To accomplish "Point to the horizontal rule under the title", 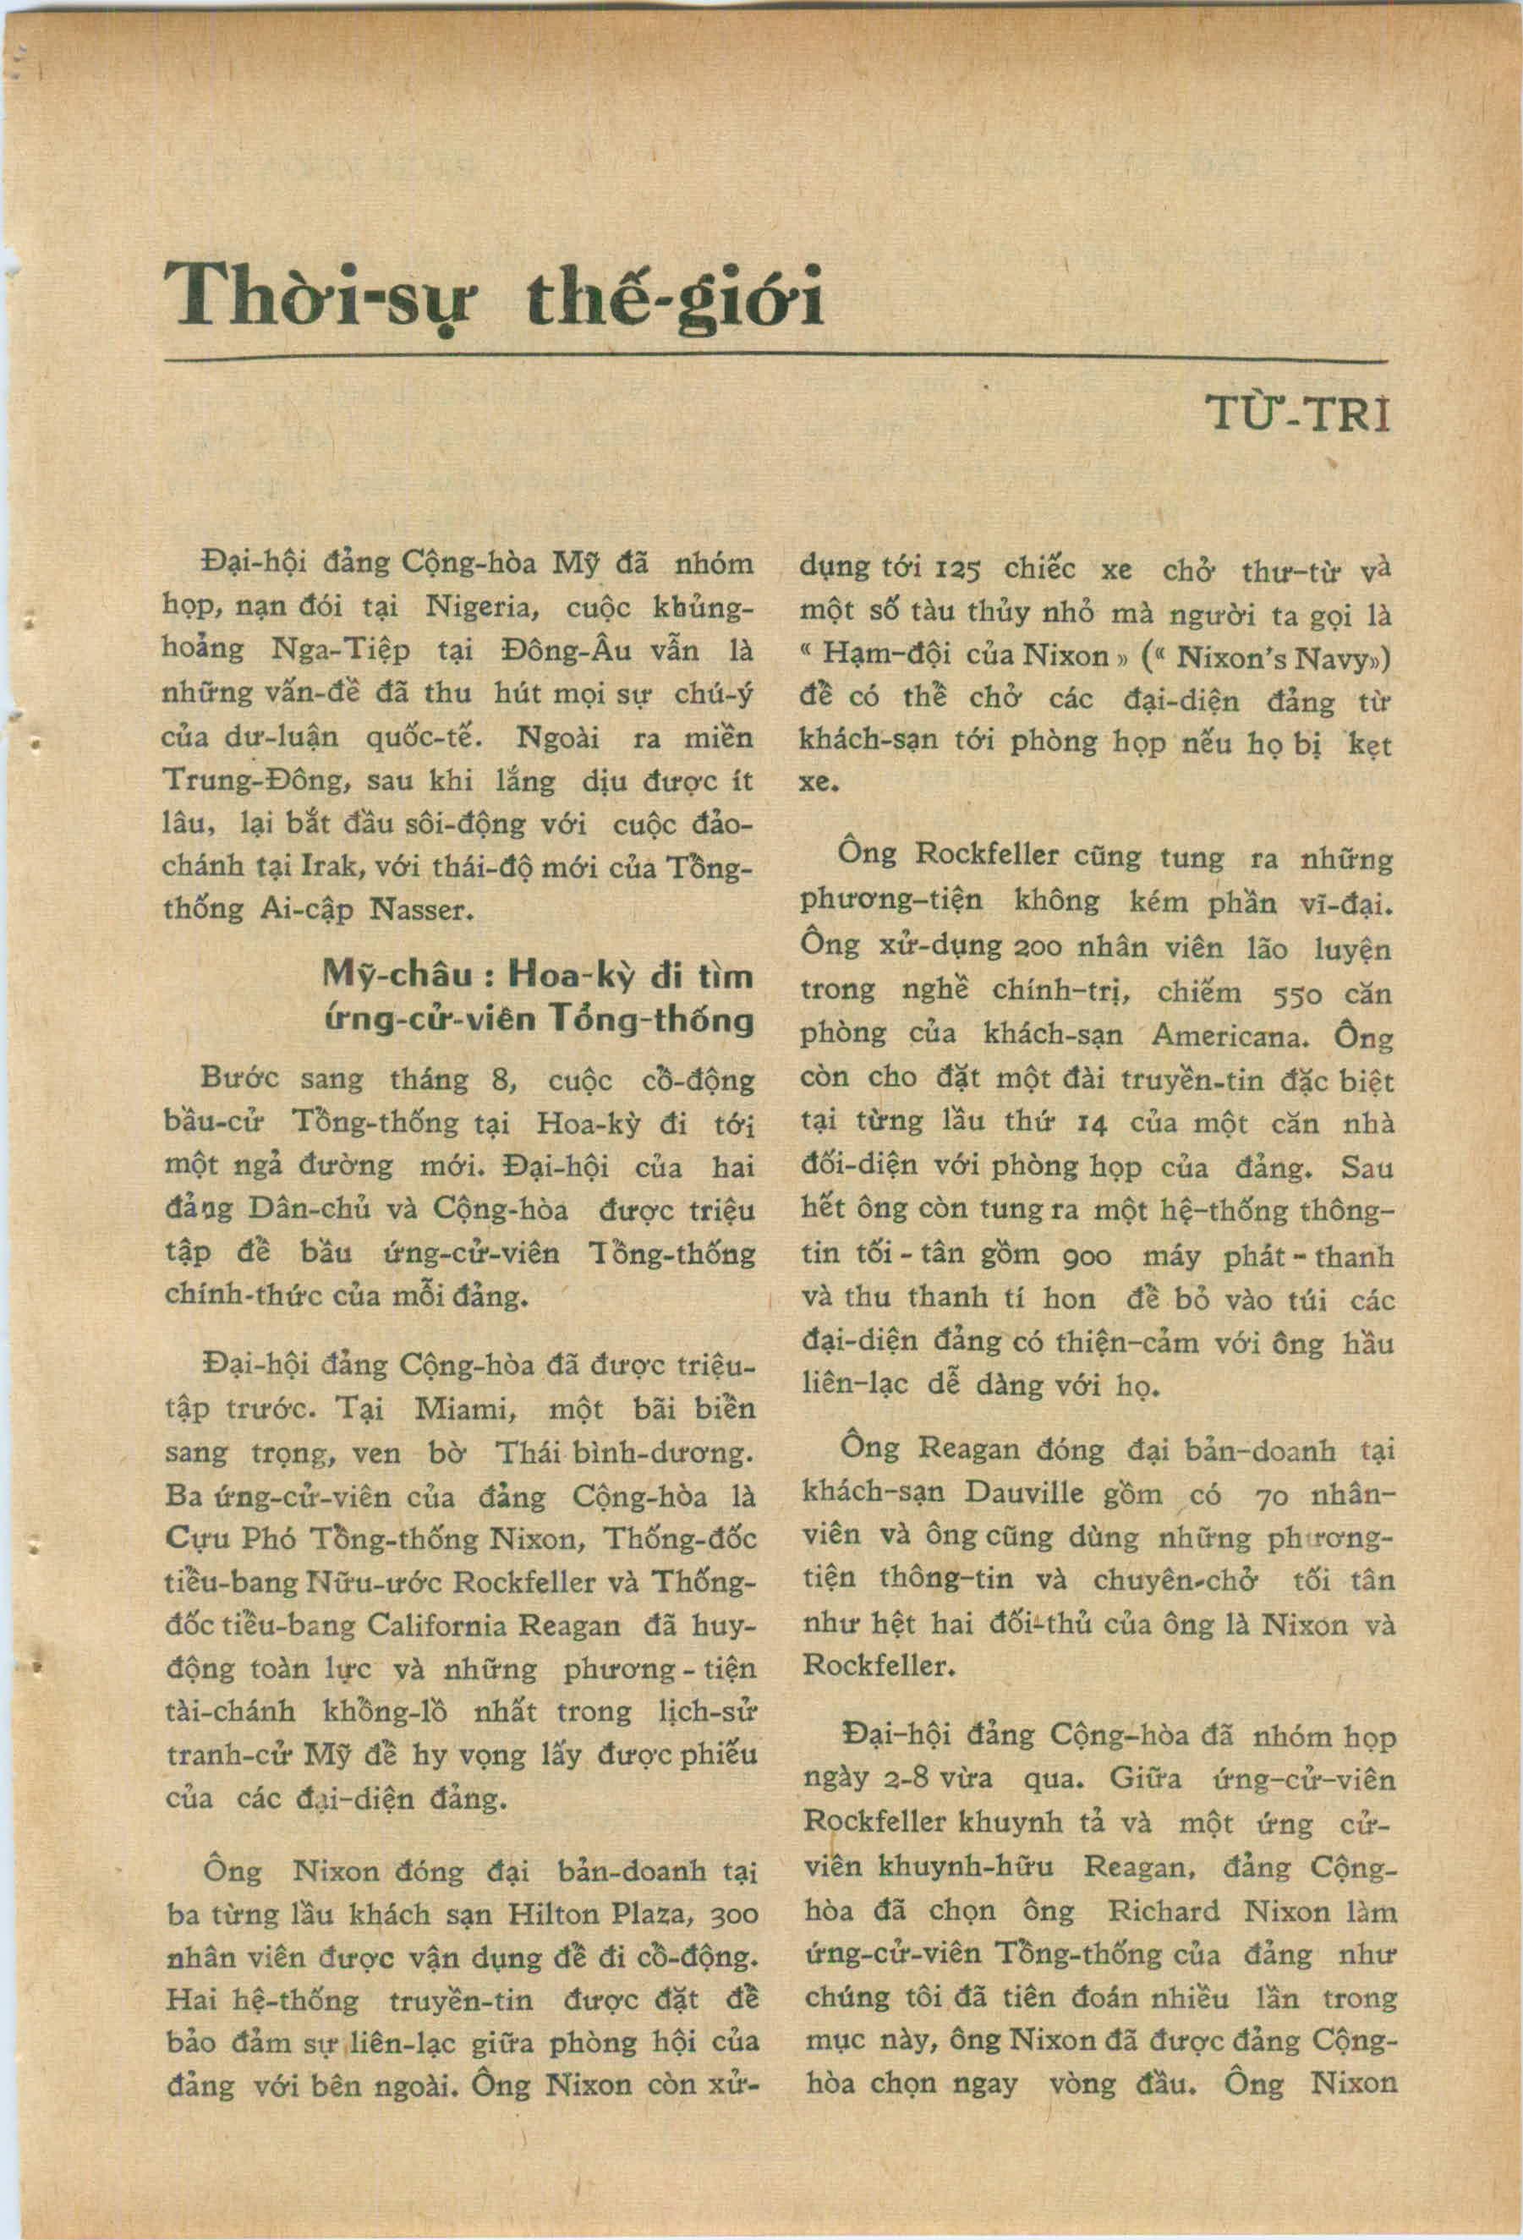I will click(776, 360).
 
